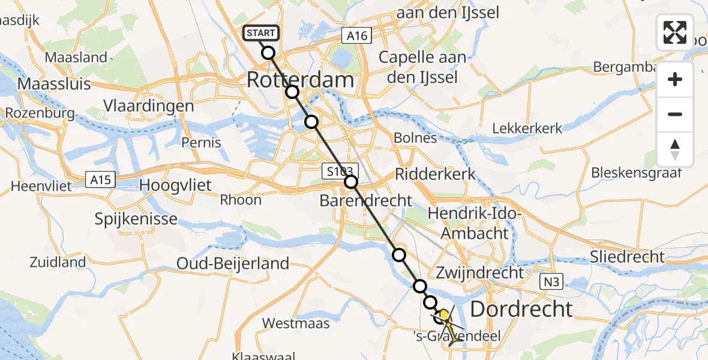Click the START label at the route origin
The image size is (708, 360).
click(261, 33)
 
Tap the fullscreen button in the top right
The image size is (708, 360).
click(675, 32)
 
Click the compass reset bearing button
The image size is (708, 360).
click(675, 149)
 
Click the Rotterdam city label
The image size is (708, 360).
click(301, 80)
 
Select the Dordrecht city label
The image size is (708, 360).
click(521, 309)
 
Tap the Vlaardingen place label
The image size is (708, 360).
click(148, 106)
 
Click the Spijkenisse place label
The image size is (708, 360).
click(136, 219)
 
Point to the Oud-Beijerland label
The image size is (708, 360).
click(233, 263)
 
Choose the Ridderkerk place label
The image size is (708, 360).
click(434, 175)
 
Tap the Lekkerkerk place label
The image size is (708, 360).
click(527, 128)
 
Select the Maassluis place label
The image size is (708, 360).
click(54, 83)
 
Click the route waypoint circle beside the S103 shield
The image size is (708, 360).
click(351, 182)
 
